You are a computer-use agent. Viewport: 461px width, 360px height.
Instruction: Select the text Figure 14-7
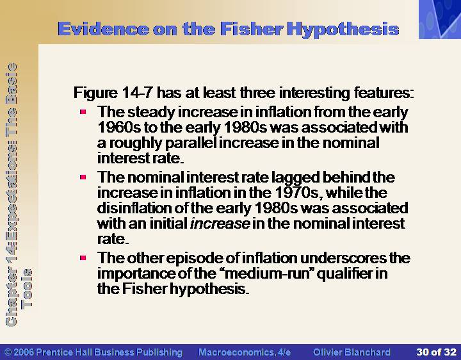[113, 93]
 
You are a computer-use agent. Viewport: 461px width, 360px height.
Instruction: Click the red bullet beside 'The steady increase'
[83, 111]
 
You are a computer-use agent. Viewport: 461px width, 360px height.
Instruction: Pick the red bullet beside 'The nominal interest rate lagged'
[83, 177]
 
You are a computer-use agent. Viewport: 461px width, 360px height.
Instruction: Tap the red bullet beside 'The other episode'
[83, 258]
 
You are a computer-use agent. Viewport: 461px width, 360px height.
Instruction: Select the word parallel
[191, 143]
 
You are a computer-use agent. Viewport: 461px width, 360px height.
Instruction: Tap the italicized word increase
[220, 224]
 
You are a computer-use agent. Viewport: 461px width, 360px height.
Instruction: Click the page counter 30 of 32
[436, 352]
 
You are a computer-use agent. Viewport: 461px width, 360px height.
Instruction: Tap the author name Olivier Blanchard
[352, 352]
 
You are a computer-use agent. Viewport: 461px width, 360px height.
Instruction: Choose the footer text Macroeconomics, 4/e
[245, 352]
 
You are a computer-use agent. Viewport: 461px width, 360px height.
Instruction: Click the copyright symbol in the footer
[8, 352]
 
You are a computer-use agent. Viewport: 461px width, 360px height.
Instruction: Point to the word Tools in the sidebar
[27, 288]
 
